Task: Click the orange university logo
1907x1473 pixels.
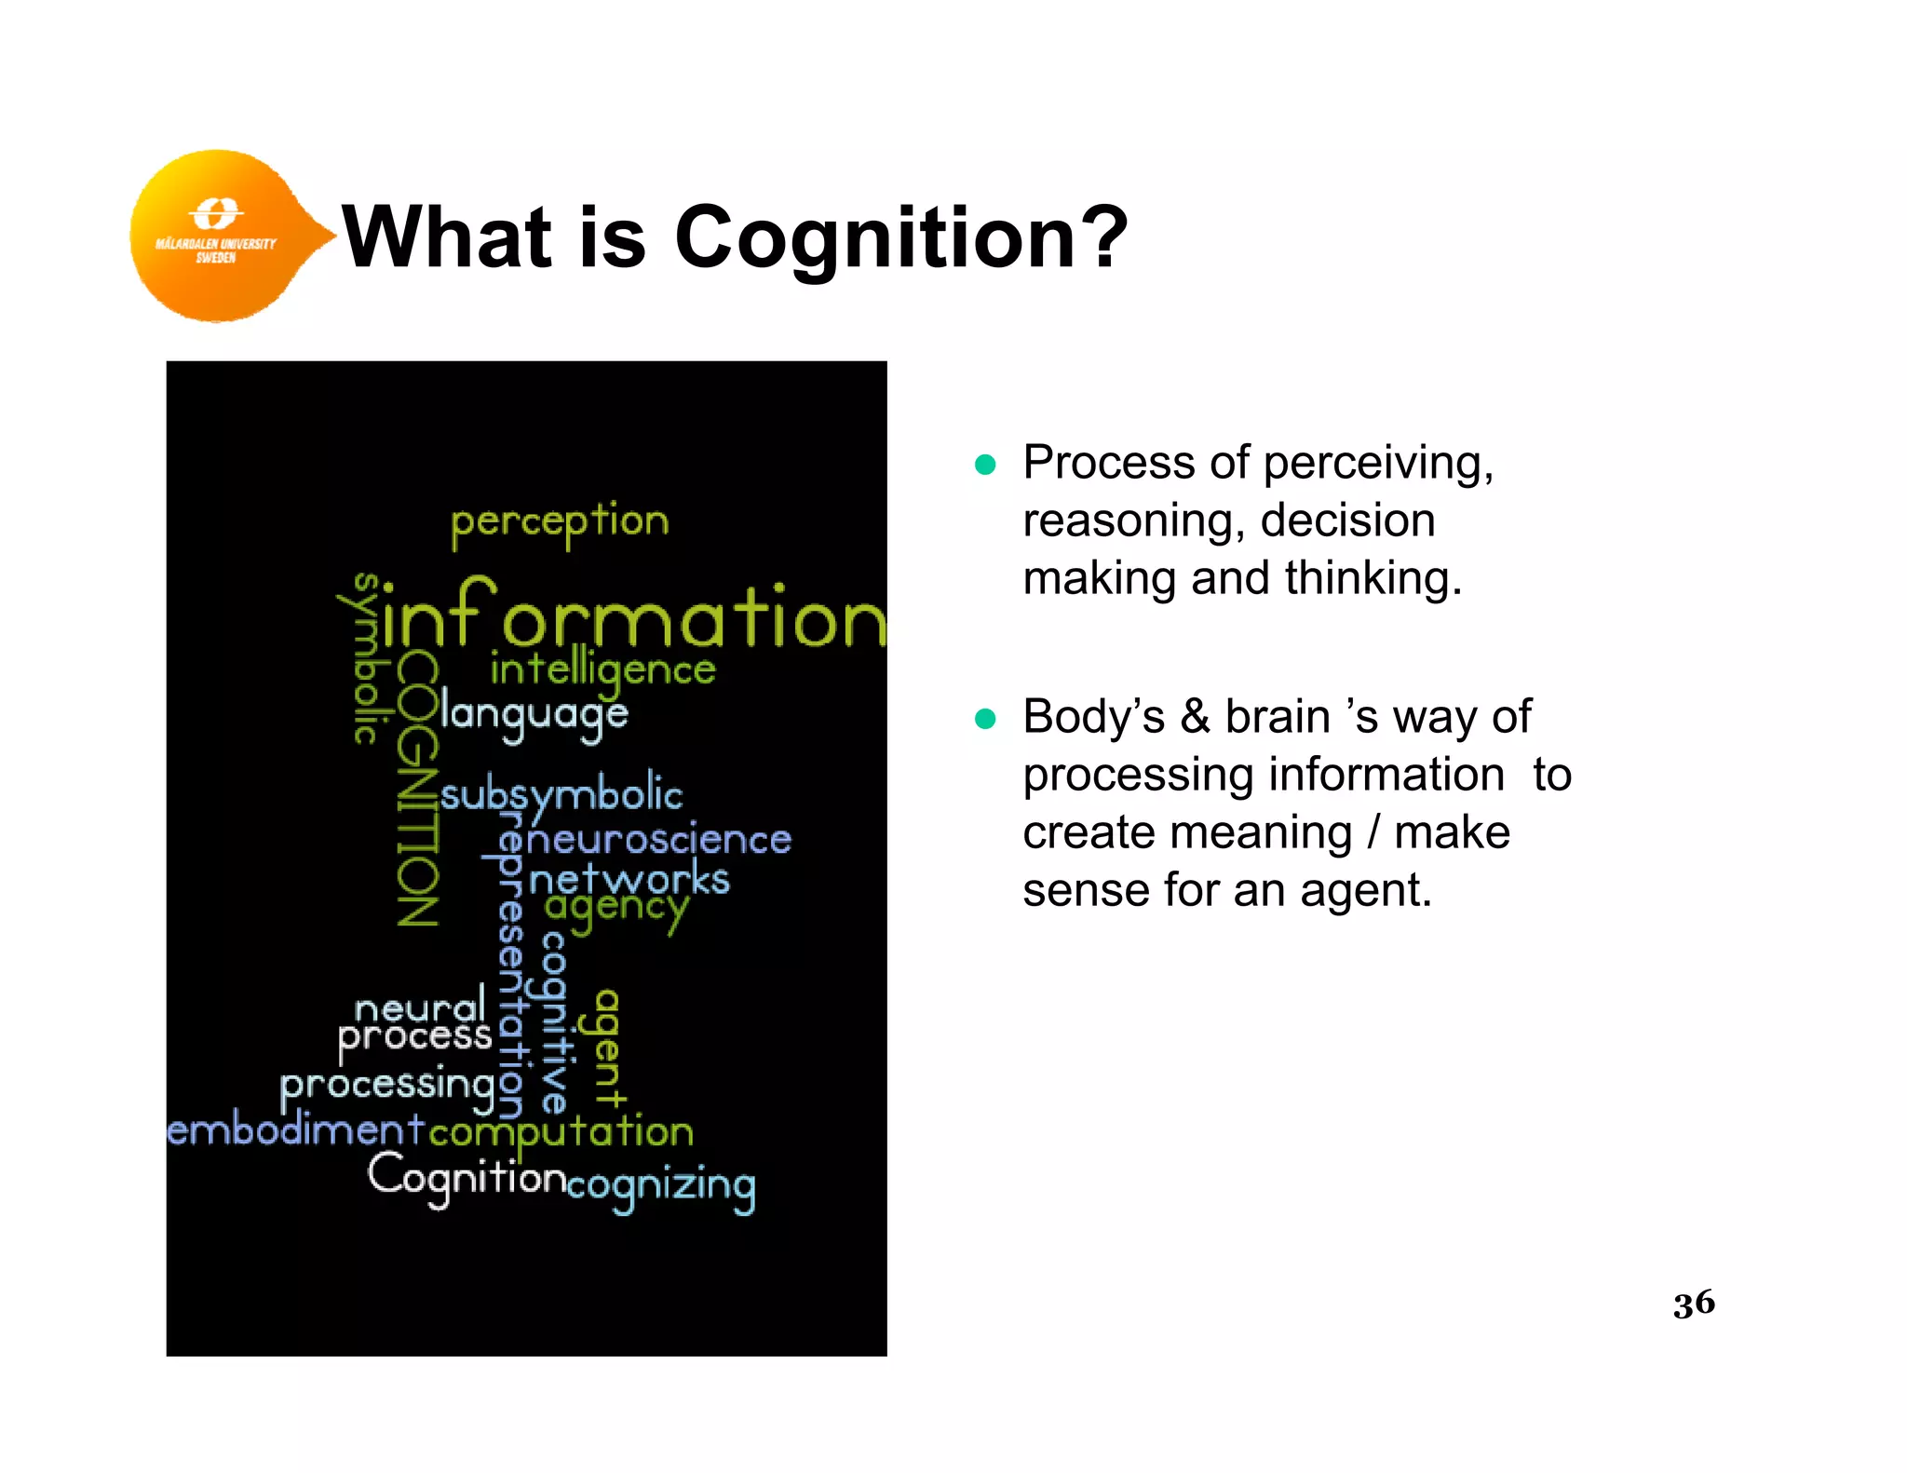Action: click(x=219, y=235)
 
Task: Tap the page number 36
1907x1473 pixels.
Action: click(x=1693, y=1302)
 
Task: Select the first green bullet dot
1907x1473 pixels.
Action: click(x=984, y=465)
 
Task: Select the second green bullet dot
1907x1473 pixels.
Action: click(x=984, y=719)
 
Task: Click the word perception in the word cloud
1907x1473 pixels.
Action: click(x=560, y=522)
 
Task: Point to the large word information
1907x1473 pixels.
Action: click(x=633, y=616)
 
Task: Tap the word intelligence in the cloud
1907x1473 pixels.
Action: click(x=602, y=669)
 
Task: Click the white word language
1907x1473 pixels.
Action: click(x=534, y=715)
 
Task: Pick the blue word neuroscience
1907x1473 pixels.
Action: click(x=658, y=840)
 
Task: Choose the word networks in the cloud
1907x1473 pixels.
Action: click(x=629, y=879)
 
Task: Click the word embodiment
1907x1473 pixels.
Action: click(x=296, y=1130)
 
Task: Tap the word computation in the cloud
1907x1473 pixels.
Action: click(x=561, y=1132)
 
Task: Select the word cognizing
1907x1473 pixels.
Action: click(x=661, y=1186)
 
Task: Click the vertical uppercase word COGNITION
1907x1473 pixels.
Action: click(x=416, y=790)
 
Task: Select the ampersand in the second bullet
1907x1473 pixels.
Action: click(x=1195, y=718)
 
